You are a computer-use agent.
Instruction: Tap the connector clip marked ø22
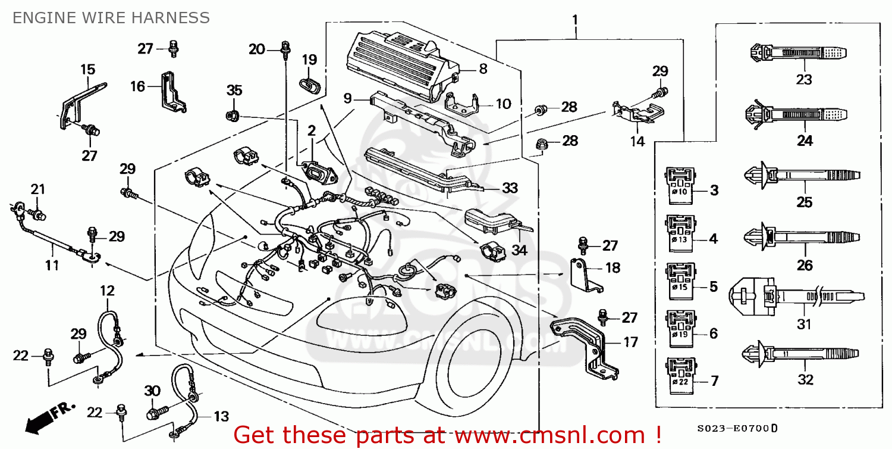pyautogui.click(x=680, y=375)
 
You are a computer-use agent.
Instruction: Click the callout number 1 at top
pyautogui.click(x=574, y=20)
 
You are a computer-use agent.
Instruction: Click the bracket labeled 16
pyautogui.click(x=173, y=92)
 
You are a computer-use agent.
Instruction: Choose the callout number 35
pyautogui.click(x=234, y=91)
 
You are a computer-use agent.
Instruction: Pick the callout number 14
pyautogui.click(x=637, y=142)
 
